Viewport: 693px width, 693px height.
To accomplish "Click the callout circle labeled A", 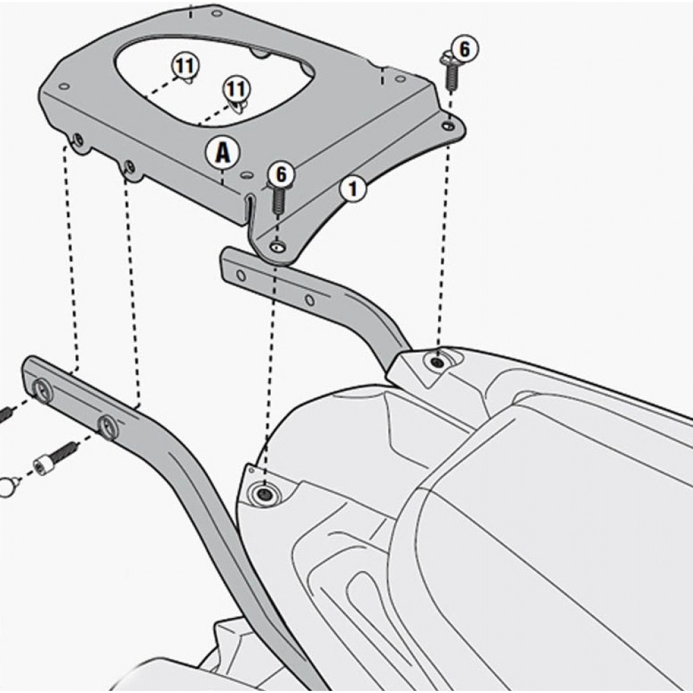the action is click(x=222, y=154).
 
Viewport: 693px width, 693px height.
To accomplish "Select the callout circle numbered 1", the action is click(x=353, y=189).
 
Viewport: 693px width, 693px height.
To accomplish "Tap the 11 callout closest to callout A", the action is click(x=236, y=89).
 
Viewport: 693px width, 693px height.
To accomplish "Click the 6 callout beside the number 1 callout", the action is click(x=281, y=175).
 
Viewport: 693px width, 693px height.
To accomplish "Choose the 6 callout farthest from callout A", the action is click(x=464, y=49).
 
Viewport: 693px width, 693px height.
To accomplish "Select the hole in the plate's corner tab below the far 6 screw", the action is click(x=449, y=125).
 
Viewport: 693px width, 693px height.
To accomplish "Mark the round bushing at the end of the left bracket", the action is click(x=42, y=390).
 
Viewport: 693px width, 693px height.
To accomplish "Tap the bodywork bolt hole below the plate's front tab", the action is click(x=264, y=493).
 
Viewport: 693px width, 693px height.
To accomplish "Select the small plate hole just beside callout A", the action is click(x=246, y=175).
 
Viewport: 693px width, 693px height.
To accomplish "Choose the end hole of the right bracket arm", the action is click(x=241, y=276).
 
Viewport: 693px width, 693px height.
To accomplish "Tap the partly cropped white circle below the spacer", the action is click(x=7, y=489).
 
